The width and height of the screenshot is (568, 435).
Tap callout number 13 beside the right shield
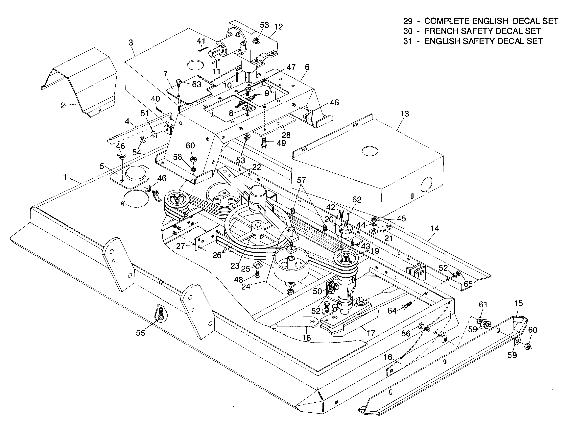[x=404, y=114]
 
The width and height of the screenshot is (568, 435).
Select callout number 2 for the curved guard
[x=63, y=106]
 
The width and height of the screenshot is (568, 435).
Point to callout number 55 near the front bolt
[x=140, y=333]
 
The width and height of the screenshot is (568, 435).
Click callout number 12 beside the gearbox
[x=278, y=27]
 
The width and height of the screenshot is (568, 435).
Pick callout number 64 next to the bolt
[x=392, y=310]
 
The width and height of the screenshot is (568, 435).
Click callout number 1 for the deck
[x=65, y=177]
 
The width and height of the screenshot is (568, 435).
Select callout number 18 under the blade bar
[x=306, y=338]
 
